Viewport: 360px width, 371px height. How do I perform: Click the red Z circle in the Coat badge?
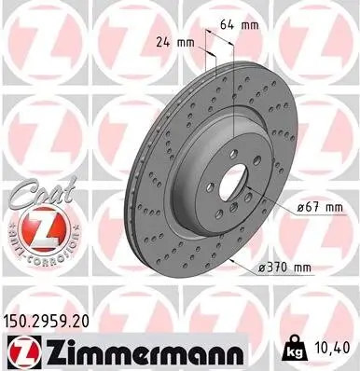[x=34, y=227]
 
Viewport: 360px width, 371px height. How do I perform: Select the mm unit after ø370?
[x=302, y=268]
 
